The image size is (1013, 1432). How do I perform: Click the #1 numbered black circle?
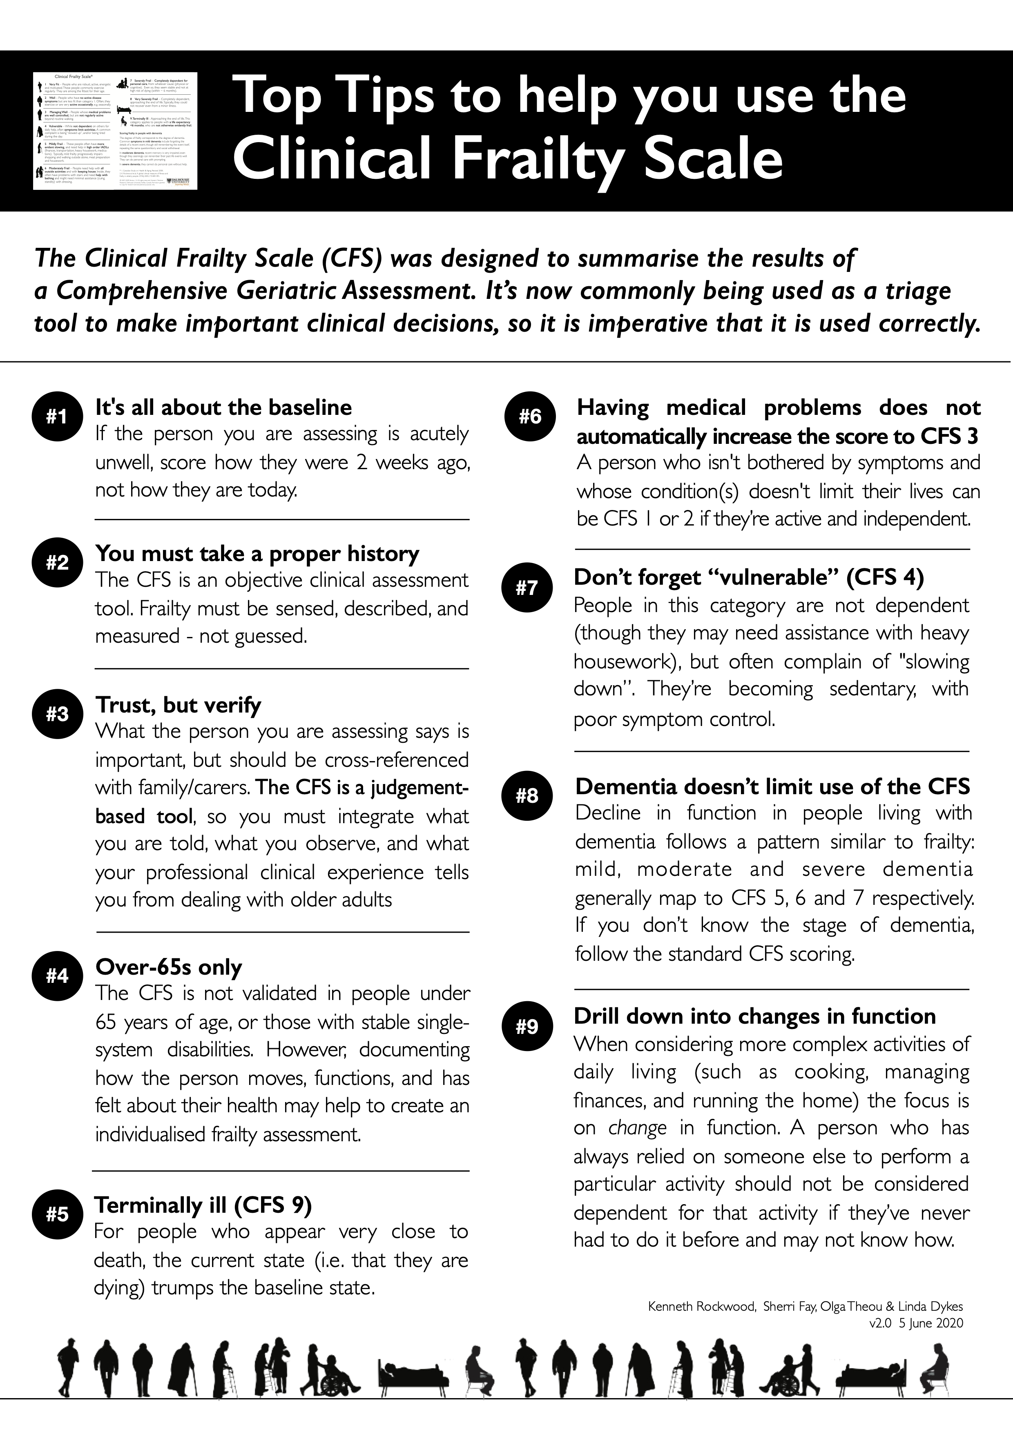57,416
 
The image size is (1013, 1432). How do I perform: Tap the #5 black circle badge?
57,1214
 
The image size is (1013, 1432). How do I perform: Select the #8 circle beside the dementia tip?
527,795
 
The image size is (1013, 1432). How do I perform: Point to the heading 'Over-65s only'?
168,967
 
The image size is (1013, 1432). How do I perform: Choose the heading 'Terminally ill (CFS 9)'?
203,1205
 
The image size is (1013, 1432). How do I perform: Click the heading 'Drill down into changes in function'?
755,1016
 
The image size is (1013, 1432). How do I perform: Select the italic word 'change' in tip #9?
637,1128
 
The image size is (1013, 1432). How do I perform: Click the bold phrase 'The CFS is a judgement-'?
362,787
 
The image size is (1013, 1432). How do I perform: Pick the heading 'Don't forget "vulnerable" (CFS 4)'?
749,577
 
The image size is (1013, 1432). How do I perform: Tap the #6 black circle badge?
530,416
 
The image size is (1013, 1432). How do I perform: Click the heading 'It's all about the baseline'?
223,407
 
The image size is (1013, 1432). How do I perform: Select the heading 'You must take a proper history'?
257,553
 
